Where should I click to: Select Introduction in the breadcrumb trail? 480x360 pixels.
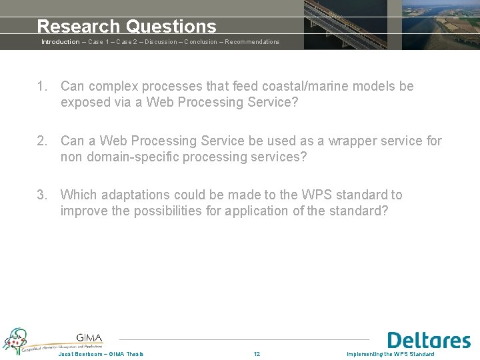(x=60, y=42)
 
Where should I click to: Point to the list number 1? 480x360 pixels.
(x=41, y=87)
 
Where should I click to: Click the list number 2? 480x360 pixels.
(x=41, y=141)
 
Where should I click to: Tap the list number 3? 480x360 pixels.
(x=41, y=195)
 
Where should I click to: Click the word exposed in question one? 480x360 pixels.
(x=83, y=103)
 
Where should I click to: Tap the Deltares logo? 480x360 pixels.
(x=429, y=340)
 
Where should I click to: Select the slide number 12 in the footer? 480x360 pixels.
(x=257, y=354)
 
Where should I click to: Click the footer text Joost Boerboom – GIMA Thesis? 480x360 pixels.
(x=101, y=354)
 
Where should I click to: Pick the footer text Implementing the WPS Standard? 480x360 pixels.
(x=391, y=354)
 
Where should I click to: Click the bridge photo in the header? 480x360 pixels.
(x=345, y=25)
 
